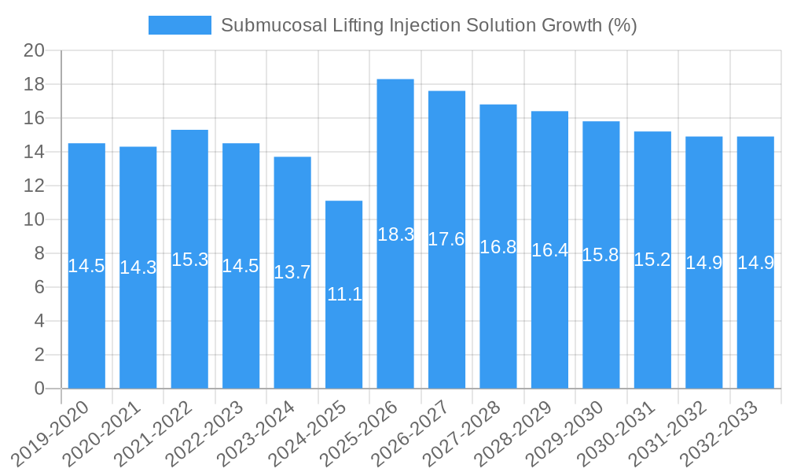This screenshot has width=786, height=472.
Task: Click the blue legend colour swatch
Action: [180, 25]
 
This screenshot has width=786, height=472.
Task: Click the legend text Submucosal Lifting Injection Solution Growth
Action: [428, 25]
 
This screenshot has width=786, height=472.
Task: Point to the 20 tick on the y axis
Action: [35, 50]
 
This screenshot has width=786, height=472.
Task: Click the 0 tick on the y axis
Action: [40, 389]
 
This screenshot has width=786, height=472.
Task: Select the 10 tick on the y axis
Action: [35, 219]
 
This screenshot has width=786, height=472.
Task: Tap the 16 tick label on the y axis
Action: [35, 118]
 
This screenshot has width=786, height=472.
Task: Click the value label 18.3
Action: [395, 234]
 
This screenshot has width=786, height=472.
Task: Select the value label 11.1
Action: [344, 295]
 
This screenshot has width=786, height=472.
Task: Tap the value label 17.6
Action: [446, 240]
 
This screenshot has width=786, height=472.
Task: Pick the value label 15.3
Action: [189, 260]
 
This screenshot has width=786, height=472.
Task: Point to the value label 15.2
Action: [652, 260]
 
